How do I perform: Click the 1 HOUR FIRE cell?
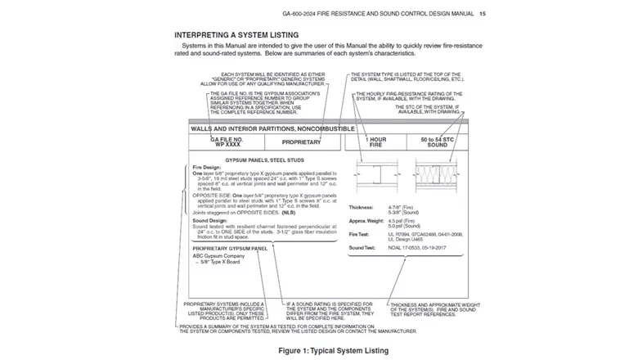(x=375, y=142)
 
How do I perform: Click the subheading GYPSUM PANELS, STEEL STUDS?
(x=263, y=159)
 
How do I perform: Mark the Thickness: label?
(x=363, y=208)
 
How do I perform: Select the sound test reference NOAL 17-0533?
(x=409, y=247)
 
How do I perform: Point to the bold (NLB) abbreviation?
(x=290, y=213)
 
